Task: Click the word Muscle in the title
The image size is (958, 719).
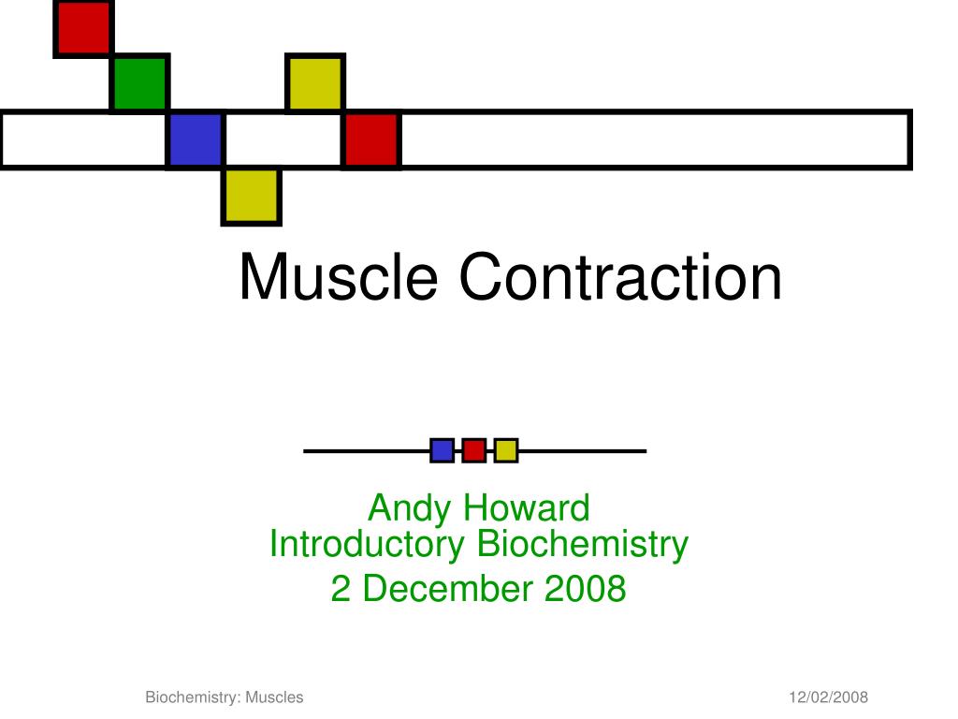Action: point(339,277)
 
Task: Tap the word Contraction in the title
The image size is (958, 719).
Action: point(620,277)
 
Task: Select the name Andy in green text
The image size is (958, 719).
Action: point(410,508)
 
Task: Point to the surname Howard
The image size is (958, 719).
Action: point(526,507)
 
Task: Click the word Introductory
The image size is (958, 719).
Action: point(367,544)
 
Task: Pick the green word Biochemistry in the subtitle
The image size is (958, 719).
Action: point(582,544)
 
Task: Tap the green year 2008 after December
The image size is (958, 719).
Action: point(585,588)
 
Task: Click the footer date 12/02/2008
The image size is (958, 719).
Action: point(828,697)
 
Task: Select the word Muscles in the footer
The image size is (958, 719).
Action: point(274,697)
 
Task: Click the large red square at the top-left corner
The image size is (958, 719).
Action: point(83,28)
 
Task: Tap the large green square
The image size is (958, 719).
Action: point(140,83)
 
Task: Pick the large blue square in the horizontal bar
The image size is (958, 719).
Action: point(196,139)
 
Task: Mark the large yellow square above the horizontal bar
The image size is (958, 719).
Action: point(315,83)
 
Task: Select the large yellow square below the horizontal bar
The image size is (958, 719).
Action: point(251,197)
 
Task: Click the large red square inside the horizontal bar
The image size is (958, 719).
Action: point(370,139)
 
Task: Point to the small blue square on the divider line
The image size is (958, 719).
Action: point(442,450)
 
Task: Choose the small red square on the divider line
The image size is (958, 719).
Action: point(474,450)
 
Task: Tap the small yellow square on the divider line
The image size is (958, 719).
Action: point(506,450)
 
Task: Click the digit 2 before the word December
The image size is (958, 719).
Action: point(341,588)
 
